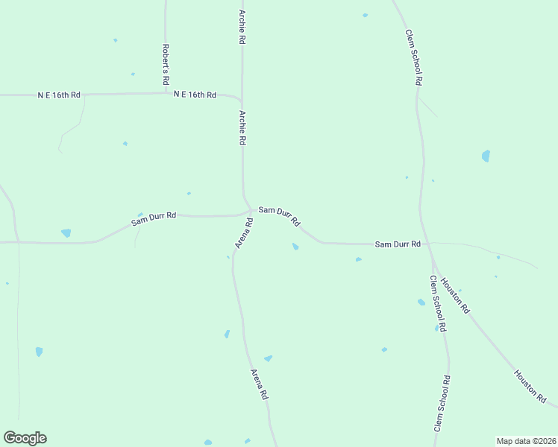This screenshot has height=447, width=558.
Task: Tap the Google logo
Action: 25,438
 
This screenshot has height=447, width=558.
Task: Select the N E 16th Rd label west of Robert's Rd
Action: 60,95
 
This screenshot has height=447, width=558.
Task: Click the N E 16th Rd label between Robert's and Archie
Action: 195,95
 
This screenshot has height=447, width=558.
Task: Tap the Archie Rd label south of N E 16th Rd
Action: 242,128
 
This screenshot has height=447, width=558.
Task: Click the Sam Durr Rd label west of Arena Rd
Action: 154,218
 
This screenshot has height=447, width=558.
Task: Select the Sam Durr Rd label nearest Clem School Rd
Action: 398,244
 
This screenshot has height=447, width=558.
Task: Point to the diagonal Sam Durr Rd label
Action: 279,216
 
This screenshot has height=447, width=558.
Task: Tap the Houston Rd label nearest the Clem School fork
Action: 455,295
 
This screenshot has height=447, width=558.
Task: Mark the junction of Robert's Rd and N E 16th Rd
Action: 166,93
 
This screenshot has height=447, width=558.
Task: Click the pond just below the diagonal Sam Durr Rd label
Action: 295,247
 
